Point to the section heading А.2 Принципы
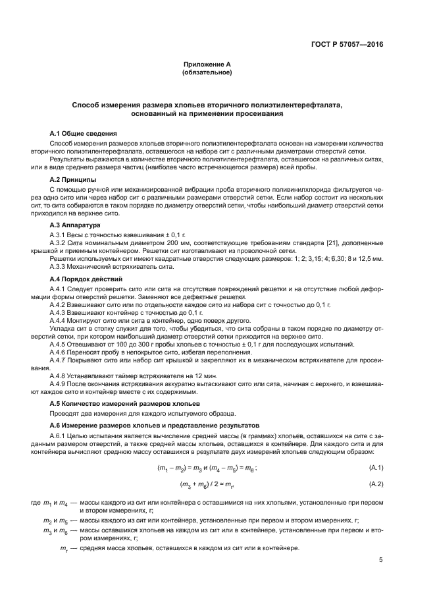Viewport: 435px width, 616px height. (x=73, y=179)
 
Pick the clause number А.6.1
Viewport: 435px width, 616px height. (x=59, y=436)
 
